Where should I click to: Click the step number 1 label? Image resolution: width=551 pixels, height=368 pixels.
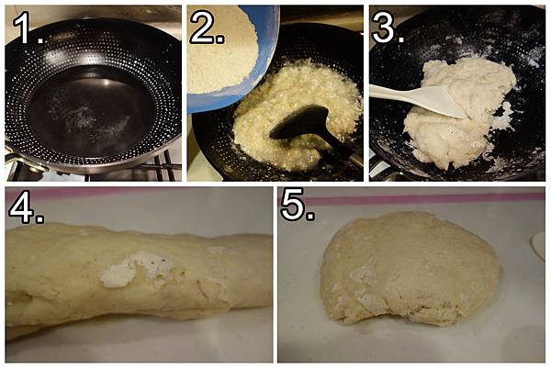click(28, 28)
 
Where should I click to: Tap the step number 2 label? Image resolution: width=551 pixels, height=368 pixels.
click(208, 28)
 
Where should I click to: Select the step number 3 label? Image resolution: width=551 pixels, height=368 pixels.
click(388, 28)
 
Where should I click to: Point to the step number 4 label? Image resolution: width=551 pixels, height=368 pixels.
click(26, 207)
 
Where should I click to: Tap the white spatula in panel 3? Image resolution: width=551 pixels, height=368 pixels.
click(418, 100)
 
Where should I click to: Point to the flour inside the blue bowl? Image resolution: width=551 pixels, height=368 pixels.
click(221, 50)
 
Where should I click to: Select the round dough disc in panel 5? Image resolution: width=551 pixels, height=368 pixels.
click(410, 269)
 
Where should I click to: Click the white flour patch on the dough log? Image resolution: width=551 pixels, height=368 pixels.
click(135, 269)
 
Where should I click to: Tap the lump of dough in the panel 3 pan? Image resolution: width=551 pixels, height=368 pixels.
click(460, 112)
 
